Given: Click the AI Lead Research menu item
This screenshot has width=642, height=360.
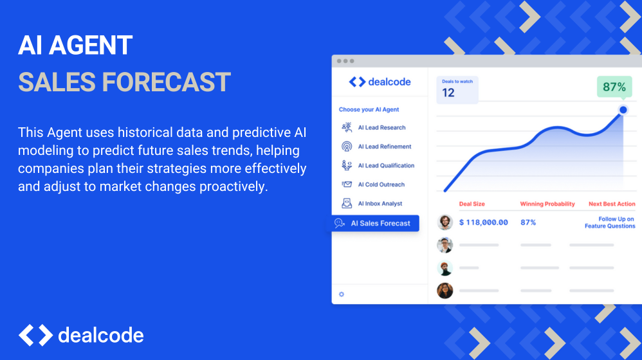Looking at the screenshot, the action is point(373,127).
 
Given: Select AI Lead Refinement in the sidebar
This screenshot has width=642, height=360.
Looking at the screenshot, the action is point(376,147).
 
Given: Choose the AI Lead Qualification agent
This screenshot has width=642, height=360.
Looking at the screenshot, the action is point(378,165).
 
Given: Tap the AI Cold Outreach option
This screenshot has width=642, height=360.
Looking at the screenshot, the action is point(372,184).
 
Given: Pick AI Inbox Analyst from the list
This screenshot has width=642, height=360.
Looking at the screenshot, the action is point(371,203).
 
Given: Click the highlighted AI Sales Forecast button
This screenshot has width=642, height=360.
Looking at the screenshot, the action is point(376,223).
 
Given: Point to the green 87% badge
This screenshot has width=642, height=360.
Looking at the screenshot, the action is point(614,87).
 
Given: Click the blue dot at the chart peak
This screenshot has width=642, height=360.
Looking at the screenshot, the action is point(623,110).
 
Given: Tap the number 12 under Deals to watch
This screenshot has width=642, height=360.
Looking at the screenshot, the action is point(448,93).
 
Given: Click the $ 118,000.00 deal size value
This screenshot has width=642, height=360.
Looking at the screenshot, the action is point(484,222).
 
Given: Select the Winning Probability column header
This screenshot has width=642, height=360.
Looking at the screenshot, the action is point(547,204).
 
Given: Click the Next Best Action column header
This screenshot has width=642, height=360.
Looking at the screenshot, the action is point(612,204).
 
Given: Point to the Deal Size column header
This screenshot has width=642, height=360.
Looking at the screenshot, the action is point(472,204).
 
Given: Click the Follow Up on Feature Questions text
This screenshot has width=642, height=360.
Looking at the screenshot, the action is point(610,222).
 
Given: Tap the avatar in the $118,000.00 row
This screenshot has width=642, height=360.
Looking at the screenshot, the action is point(445,222).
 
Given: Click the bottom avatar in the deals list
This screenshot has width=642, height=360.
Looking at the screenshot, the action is point(445,291).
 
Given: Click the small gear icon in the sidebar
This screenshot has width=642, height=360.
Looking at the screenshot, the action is point(342,294).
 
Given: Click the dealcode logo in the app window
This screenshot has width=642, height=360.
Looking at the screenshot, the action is point(380,82).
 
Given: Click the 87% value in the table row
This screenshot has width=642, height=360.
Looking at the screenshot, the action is point(528,222).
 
